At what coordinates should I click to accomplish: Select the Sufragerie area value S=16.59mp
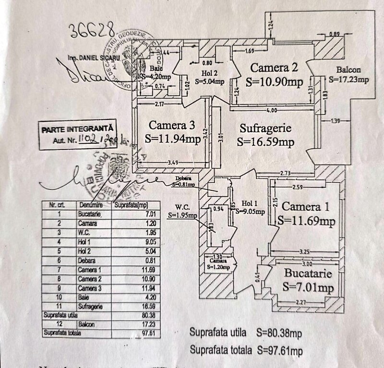265,142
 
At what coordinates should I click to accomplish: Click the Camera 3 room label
172,126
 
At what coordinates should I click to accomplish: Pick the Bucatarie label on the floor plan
308,275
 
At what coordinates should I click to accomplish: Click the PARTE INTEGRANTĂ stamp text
77,129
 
